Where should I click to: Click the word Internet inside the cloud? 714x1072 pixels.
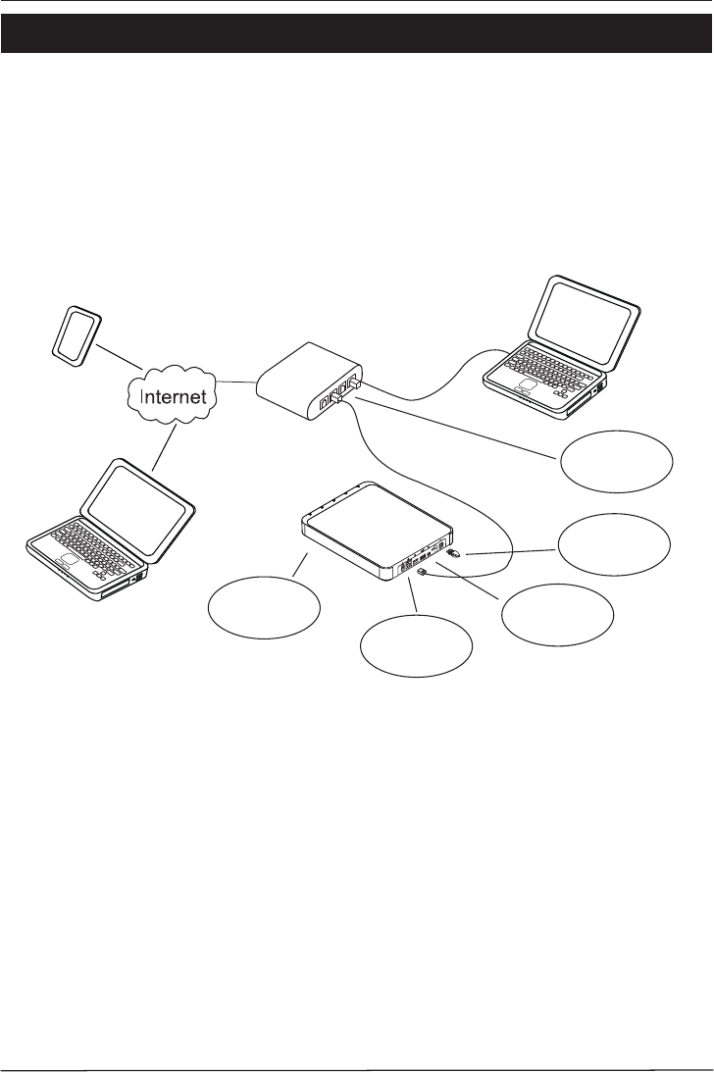click(x=173, y=398)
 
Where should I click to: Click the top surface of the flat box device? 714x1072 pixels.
click(x=378, y=525)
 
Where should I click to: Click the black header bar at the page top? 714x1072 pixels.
click(x=357, y=34)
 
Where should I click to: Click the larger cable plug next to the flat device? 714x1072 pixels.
click(x=454, y=554)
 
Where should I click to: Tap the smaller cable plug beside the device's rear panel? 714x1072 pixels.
click(x=421, y=572)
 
